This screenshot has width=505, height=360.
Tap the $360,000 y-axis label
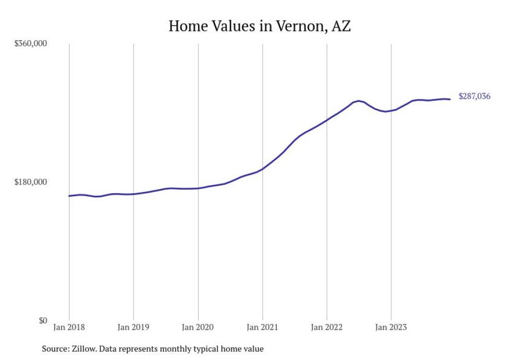pos(30,44)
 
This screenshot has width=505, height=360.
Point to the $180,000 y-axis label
pos(30,182)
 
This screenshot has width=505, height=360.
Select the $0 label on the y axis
pos(42,320)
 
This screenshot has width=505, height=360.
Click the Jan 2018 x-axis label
pos(69,327)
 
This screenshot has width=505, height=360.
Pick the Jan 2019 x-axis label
pos(133,327)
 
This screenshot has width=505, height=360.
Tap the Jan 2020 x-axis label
pos(198,327)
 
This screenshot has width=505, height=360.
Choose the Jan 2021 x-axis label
pos(263,327)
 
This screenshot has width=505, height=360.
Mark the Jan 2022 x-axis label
pos(327,327)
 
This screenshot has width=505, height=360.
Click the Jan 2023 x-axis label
pos(391,327)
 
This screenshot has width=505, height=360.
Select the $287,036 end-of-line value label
pos(474,96)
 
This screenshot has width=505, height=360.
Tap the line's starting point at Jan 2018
pos(69,196)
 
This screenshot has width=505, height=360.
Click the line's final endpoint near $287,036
pos(450,99)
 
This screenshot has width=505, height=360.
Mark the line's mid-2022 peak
pos(359,101)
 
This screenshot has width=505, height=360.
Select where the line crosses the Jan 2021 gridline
pos(263,168)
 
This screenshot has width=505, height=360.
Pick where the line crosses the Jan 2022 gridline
pos(327,120)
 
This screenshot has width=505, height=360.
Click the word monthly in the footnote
pos(176,349)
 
